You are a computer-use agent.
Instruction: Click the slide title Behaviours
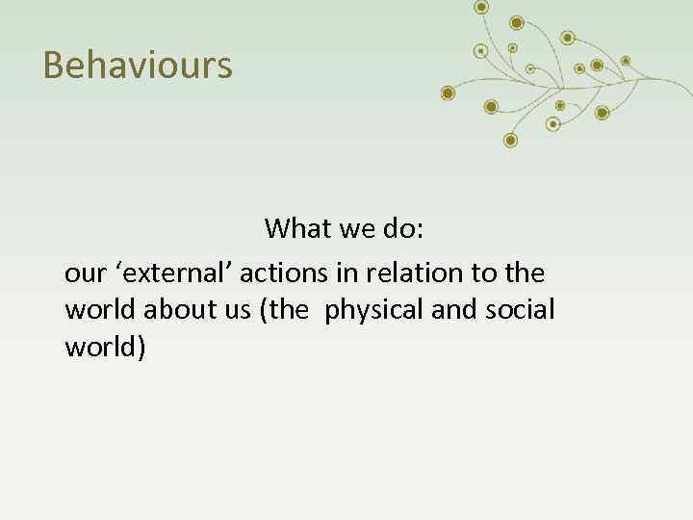tap(138, 65)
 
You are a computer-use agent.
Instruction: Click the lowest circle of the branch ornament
tap(510, 141)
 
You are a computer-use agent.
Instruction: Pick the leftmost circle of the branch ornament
tap(447, 92)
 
